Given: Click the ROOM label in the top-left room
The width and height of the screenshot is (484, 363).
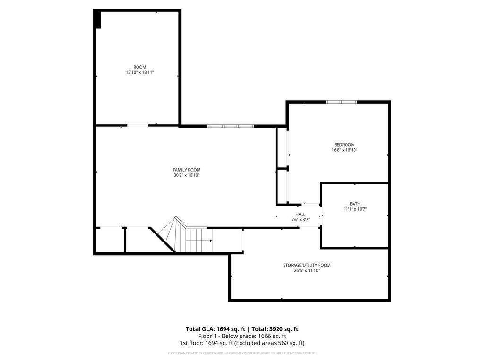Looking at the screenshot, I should (139, 67).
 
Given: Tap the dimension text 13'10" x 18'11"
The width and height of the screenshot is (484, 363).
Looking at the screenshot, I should (139, 72).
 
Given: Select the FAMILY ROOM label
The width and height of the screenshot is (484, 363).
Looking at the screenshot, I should (186, 170).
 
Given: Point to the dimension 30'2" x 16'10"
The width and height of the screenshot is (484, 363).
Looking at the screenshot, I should (186, 175).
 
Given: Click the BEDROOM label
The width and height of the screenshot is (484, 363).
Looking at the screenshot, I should (344, 145).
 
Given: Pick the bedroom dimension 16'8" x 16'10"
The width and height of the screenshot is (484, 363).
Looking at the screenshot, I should (344, 150).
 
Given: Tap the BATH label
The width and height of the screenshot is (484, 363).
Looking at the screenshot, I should (355, 204).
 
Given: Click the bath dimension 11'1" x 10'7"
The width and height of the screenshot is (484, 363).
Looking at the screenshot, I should (355, 209).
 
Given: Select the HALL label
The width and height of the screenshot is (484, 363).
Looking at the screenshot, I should (300, 214).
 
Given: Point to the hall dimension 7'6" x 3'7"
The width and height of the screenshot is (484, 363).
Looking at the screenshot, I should (300, 220).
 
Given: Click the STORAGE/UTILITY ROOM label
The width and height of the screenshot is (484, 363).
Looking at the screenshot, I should (307, 265).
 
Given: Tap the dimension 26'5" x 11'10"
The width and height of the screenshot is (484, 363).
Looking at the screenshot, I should (307, 271).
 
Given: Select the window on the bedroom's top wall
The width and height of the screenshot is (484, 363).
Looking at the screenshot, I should (341, 102).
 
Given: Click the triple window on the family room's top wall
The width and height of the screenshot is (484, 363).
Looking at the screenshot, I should (230, 126).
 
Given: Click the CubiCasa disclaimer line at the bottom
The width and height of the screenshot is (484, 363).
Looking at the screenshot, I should (242, 353).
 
